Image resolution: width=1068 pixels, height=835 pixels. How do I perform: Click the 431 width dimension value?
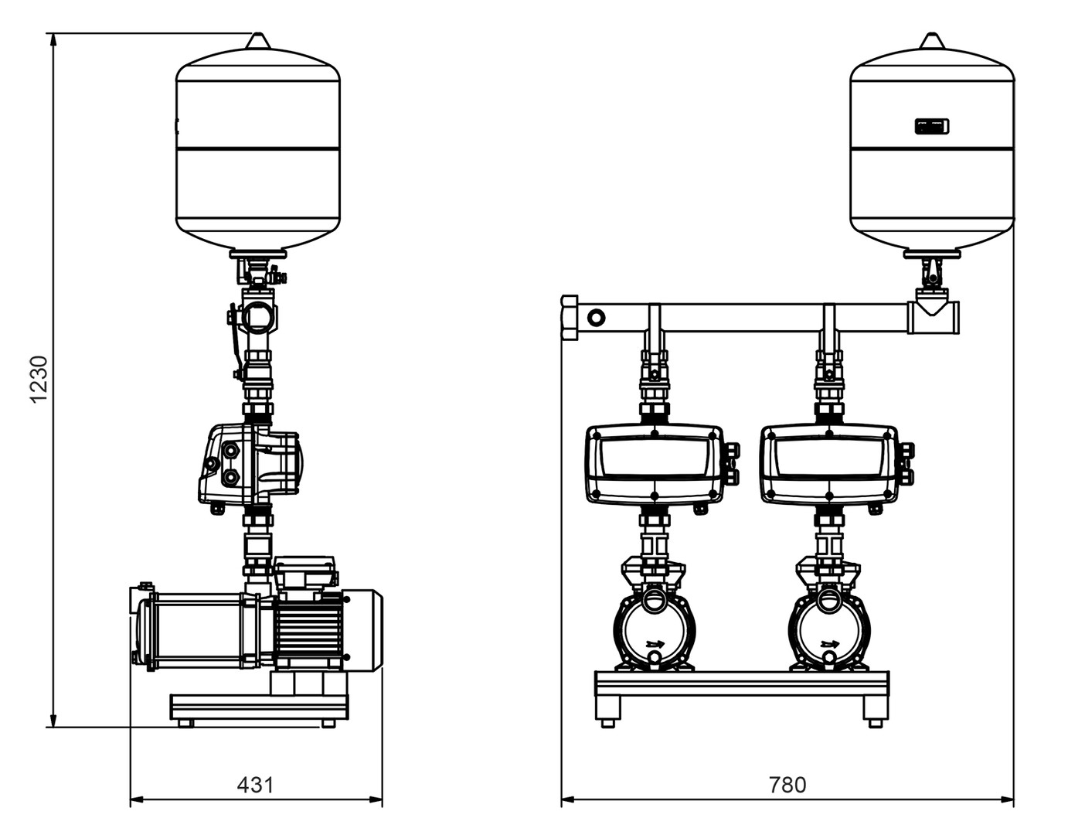(255, 785)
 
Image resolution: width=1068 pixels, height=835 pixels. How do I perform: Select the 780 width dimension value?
(787, 785)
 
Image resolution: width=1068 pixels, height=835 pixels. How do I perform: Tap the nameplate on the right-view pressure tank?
(933, 126)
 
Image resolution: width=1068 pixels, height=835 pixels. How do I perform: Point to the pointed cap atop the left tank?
(257, 41)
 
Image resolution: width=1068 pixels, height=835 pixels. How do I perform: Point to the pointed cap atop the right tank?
(932, 41)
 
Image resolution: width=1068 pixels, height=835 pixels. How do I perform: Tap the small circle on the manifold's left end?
(597, 317)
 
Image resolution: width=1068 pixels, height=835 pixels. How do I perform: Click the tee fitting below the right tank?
(934, 315)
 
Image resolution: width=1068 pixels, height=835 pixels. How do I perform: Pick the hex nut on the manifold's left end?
(570, 317)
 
